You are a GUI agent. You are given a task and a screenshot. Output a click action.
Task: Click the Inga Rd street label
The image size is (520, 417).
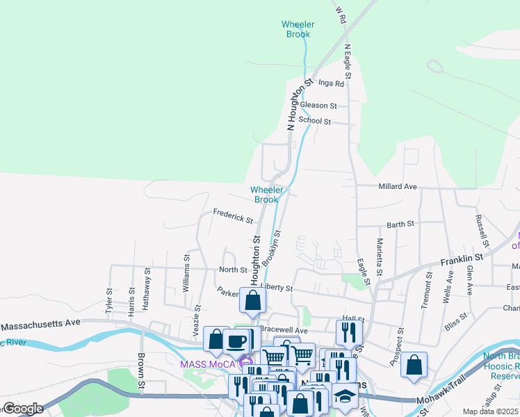(x=331, y=83)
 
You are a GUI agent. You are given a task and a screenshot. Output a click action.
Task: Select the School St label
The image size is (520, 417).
(x=314, y=121)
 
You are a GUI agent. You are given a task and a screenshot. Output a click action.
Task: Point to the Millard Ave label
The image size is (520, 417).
(x=398, y=187)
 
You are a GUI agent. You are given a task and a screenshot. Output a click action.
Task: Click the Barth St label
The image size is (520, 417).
(x=400, y=224)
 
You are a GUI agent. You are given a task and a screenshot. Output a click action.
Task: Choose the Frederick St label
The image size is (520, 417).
(x=233, y=217)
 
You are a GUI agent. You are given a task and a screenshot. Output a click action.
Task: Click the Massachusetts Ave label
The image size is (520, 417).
(x=41, y=324)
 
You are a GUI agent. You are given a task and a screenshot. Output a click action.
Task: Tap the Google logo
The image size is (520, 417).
(x=23, y=409)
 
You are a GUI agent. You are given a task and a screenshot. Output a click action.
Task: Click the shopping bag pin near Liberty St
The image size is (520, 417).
(x=253, y=300)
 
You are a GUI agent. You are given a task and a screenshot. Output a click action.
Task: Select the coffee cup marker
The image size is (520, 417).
(x=236, y=341)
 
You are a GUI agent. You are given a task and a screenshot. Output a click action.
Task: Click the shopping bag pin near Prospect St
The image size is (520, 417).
(x=414, y=364)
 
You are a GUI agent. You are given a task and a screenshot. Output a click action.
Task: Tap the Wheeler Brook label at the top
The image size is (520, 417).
(x=298, y=29)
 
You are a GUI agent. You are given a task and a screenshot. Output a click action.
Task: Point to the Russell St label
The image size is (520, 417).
(x=481, y=229)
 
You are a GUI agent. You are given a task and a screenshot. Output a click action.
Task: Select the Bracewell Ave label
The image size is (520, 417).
(x=283, y=329)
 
